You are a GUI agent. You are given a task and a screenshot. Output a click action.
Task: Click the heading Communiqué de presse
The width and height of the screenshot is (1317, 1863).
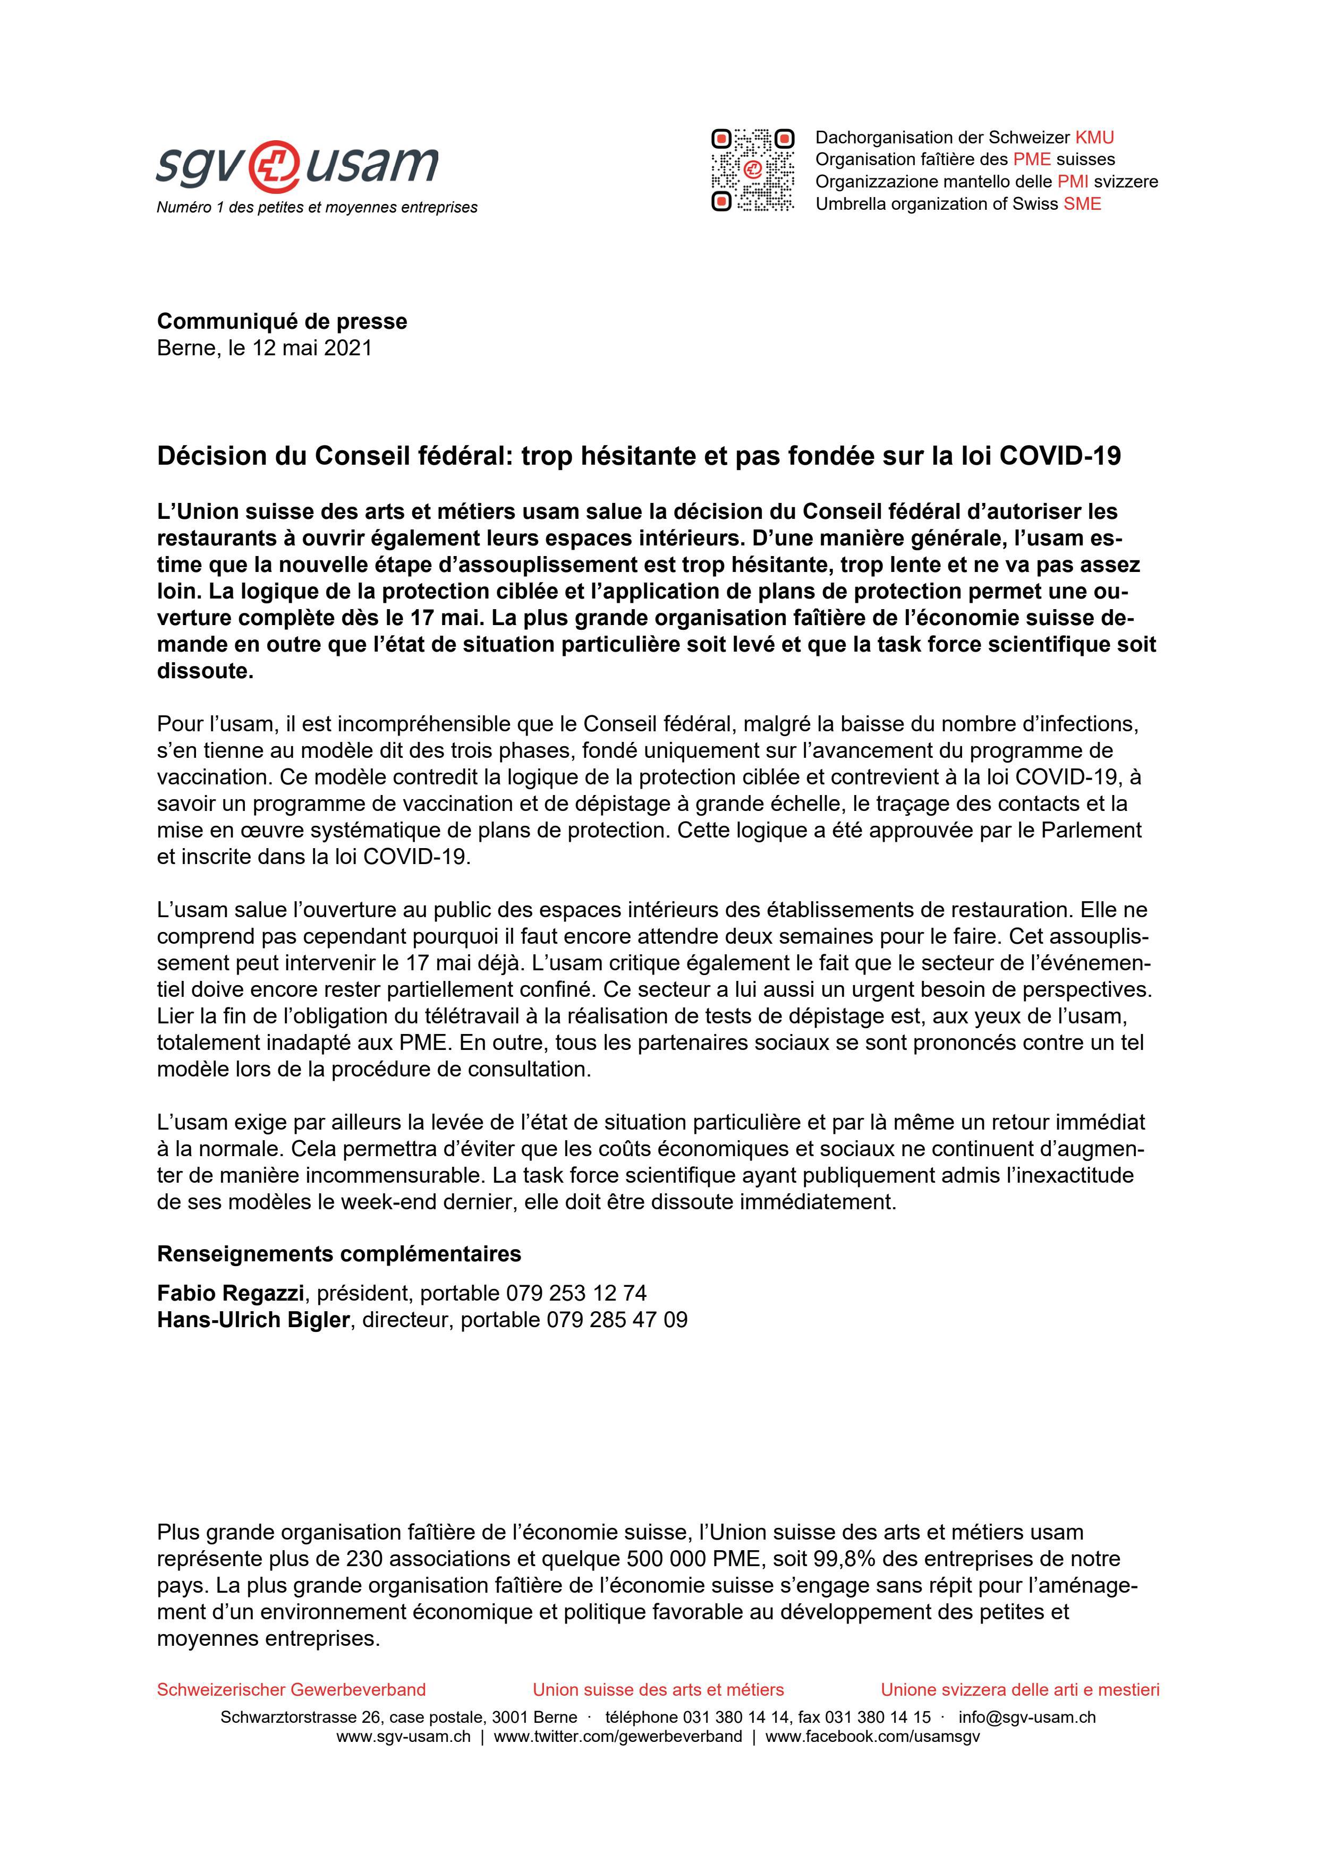click(x=282, y=321)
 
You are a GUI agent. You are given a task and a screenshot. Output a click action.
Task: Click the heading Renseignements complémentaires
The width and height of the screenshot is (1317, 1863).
click(x=338, y=1254)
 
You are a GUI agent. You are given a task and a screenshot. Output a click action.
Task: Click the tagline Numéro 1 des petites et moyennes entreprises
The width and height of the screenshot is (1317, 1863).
click(x=317, y=208)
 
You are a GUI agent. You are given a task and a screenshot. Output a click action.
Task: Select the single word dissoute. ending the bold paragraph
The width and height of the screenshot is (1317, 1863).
click(x=205, y=672)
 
